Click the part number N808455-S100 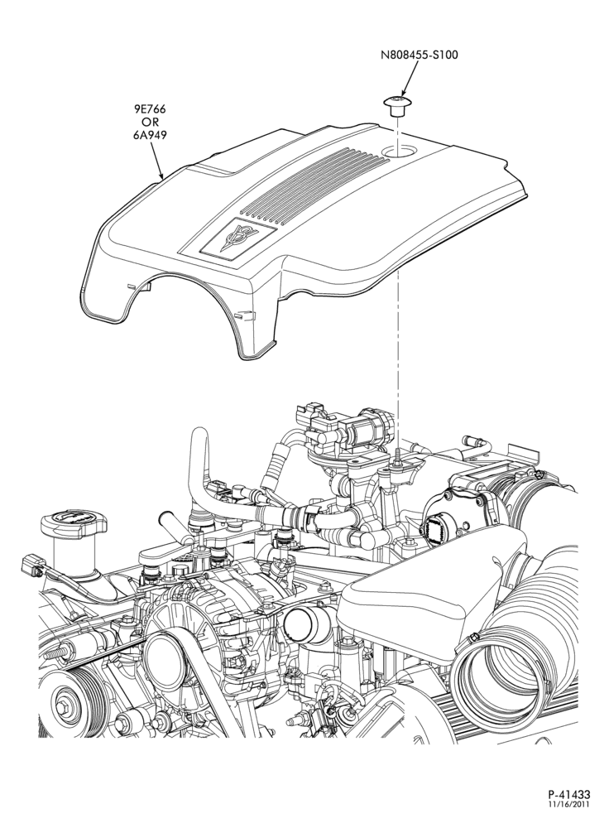coord(419,55)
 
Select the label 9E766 coord(149,110)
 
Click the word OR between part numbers coord(149,123)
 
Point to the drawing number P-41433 coord(568,808)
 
